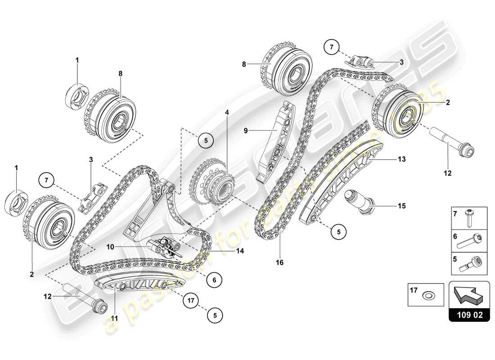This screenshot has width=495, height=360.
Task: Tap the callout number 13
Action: [x=401, y=159]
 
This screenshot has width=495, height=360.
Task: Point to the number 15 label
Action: [x=401, y=206]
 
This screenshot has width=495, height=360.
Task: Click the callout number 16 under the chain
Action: [x=279, y=262]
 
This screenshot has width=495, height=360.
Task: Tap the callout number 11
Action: [x=115, y=318]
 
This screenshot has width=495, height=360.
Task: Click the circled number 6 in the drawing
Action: [x=214, y=280]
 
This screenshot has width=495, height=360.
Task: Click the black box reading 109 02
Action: [x=469, y=315]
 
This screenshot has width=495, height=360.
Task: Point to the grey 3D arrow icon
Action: [x=468, y=295]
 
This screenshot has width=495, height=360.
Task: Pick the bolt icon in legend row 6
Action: [x=469, y=240]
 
